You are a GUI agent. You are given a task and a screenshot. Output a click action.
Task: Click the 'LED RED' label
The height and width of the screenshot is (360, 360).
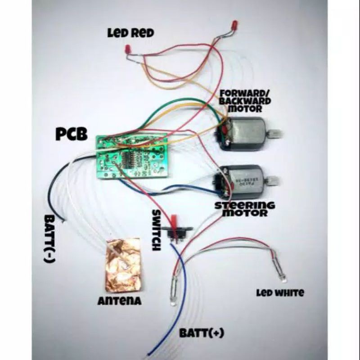(x=130, y=33)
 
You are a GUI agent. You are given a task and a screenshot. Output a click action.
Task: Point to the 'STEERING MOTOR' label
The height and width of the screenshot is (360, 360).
(x=244, y=209)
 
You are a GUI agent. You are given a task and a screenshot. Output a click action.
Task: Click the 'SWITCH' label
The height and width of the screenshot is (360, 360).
(x=157, y=230)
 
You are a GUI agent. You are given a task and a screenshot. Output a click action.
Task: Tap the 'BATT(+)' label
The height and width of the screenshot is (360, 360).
(x=201, y=333)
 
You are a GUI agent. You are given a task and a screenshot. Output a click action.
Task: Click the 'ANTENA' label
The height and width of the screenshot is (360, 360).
(x=119, y=301)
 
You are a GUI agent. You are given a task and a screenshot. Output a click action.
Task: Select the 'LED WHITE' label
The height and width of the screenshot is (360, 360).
(x=280, y=293)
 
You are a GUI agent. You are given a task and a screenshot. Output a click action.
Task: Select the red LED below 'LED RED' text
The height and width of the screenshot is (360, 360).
(x=127, y=48)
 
